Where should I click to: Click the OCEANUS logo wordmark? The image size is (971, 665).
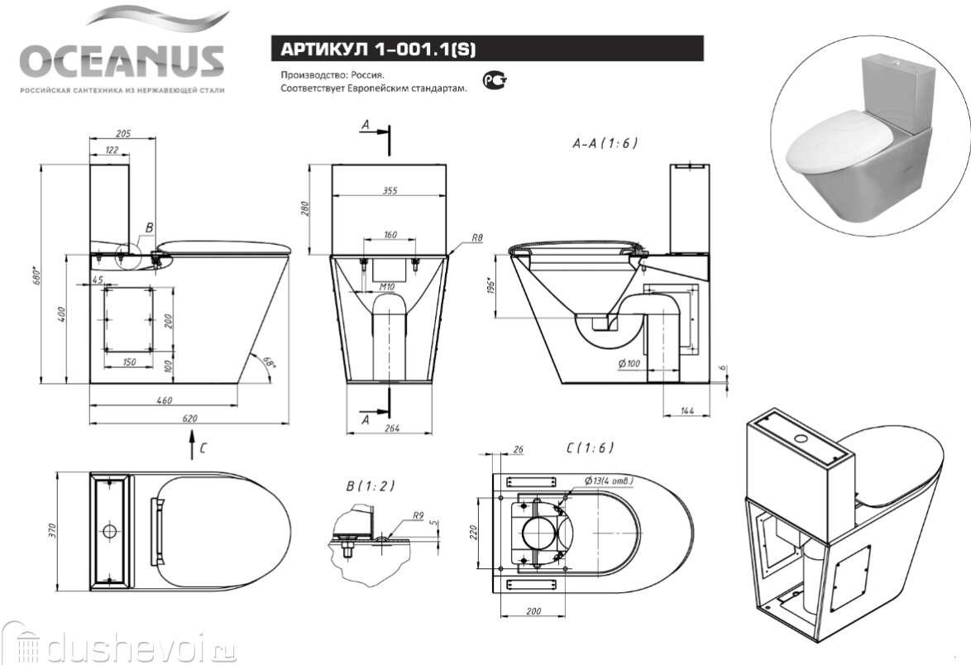point(122,60)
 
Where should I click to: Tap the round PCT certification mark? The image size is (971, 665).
point(494,80)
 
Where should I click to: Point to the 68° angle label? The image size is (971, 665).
point(269,361)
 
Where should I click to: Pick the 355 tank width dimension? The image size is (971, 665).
point(390,191)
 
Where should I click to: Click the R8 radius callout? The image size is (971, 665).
point(476,238)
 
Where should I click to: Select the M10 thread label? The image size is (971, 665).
point(385,287)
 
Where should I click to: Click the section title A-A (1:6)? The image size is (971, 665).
point(605,142)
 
